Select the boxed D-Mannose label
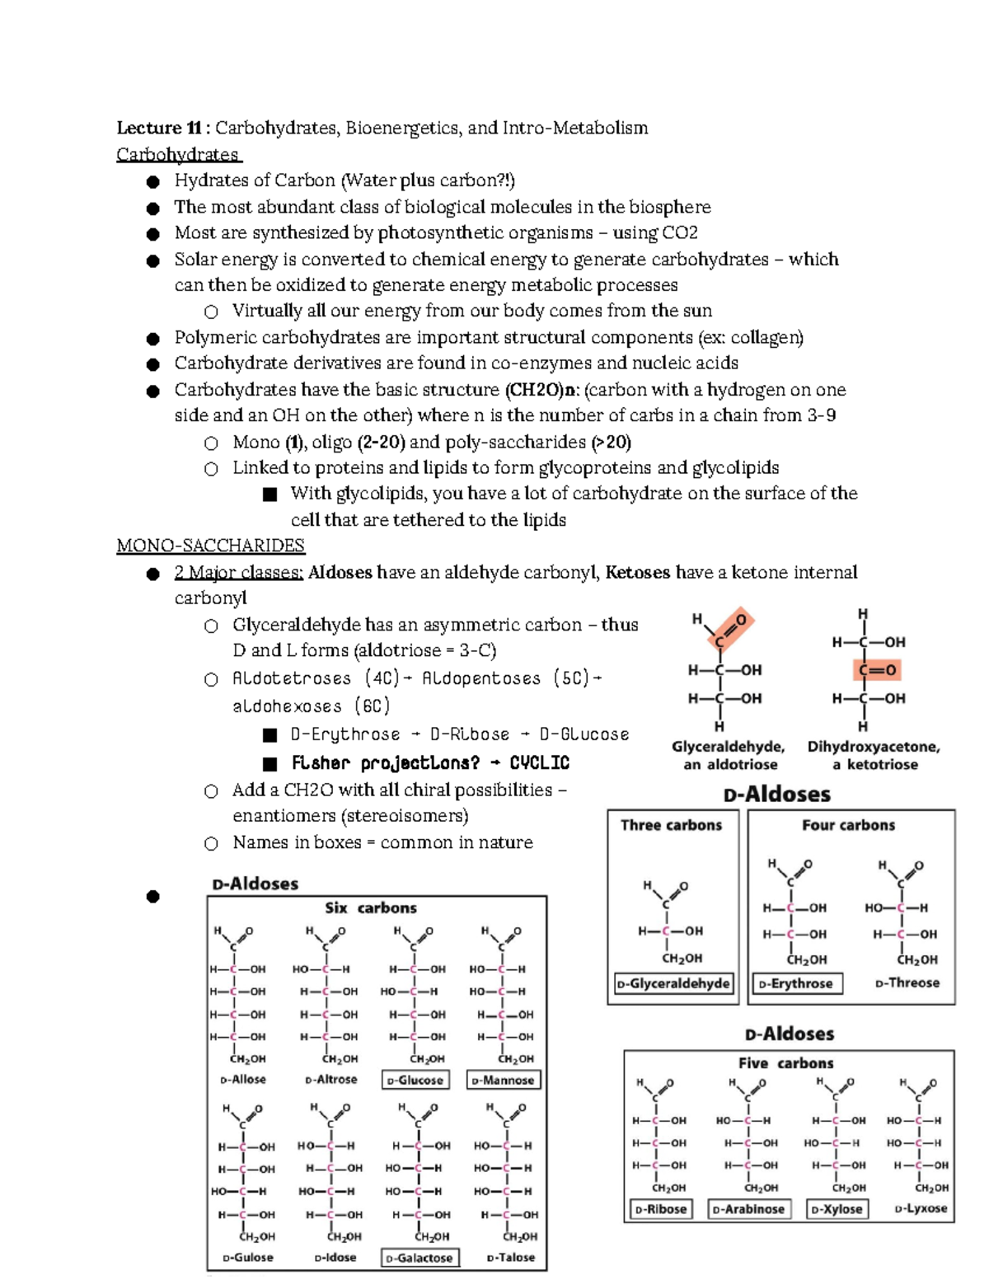click(x=503, y=1080)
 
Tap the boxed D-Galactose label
click(x=420, y=1258)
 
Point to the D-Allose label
click(x=243, y=1079)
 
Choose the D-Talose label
click(x=511, y=1258)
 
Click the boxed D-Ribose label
click(x=660, y=1209)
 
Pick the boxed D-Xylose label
click(x=837, y=1209)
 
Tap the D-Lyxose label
click(x=921, y=1208)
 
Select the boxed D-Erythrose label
click(x=795, y=983)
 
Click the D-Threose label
click(x=907, y=982)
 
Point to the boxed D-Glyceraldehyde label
click(x=673, y=983)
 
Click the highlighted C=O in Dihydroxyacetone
click(x=876, y=670)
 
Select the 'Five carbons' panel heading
click(x=785, y=1063)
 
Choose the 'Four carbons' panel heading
click(x=848, y=825)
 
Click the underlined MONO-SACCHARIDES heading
click(x=210, y=546)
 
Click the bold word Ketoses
click(x=637, y=572)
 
